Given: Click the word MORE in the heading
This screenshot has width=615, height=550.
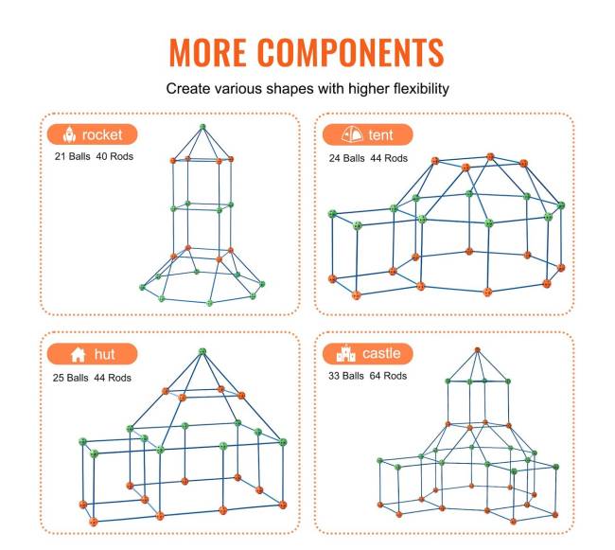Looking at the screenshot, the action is (208, 52).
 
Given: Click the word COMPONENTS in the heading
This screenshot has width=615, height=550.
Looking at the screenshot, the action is (350, 52).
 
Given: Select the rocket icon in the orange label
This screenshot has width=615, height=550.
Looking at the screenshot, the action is (69, 134).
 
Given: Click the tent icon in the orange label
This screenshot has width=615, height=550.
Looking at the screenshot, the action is (352, 134).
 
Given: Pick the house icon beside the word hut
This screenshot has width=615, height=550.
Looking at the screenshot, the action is (78, 354).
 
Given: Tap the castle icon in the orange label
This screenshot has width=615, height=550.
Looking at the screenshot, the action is (346, 353).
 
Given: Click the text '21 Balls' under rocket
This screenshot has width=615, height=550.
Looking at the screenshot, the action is (73, 156).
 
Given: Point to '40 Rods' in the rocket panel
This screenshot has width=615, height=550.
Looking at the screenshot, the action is (114, 156).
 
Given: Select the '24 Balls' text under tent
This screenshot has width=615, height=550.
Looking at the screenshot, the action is (346, 158).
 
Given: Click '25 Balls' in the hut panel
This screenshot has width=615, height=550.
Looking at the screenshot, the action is (71, 378).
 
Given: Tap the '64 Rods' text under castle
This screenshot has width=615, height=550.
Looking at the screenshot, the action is (388, 376).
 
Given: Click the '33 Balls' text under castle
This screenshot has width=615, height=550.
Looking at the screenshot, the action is (346, 376).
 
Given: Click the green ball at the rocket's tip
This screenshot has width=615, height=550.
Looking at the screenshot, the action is (202, 127).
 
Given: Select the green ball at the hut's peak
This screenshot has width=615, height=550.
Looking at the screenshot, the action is (202, 351).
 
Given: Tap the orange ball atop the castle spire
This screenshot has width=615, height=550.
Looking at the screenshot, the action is (477, 350).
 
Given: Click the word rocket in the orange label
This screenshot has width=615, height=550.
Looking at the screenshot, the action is (102, 135).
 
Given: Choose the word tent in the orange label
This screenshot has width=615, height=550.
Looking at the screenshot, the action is (380, 135).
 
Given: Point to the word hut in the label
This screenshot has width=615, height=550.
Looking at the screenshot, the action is (104, 354).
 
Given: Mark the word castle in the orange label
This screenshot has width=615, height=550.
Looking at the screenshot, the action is (381, 353).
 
